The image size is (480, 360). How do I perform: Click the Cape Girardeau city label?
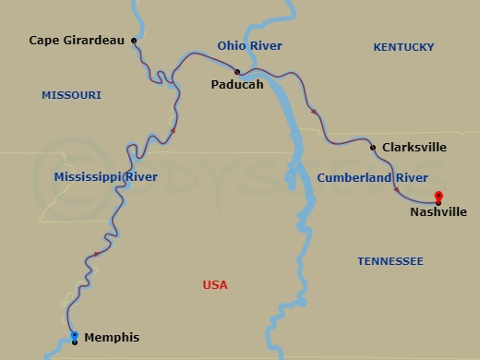coord(76,41)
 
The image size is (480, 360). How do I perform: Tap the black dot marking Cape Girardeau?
coord(135,41)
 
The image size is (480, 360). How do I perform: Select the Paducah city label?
coord(238,84)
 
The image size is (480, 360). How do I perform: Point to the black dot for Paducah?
coord(237,71)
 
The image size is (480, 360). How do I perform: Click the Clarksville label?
coord(414,147)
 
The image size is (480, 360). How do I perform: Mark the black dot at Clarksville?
coord(372,147)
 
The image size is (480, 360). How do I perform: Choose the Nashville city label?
coord(438,211)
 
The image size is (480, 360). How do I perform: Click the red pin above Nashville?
coord(438,195)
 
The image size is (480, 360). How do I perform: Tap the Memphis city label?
coord(112,338)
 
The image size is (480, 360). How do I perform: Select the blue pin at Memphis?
coord(75,335)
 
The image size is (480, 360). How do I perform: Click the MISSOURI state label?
coord(71,95)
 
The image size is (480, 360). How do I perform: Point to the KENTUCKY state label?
coord(403,46)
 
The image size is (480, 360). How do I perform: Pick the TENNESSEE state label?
coord(390,261)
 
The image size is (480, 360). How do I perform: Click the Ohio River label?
coord(249,45)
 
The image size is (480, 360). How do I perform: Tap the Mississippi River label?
coord(105,176)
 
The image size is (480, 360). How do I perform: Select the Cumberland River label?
coord(372,177)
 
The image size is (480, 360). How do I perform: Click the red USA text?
coord(215,285)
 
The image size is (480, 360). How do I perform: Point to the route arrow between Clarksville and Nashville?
coord(397,189)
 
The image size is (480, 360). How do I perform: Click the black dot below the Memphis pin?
coord(75,342)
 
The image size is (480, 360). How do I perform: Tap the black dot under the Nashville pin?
coord(438,202)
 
